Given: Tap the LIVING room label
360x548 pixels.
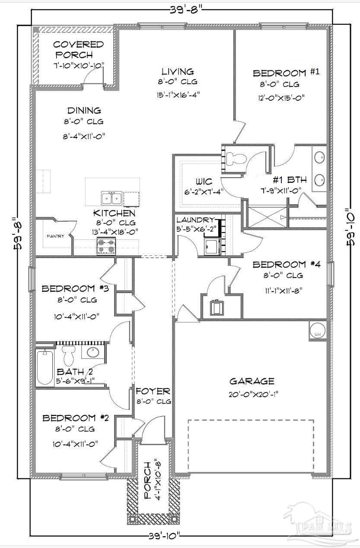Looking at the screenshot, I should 178,71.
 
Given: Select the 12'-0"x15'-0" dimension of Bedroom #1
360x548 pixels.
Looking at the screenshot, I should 286,97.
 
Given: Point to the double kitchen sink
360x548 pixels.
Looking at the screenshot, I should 112,198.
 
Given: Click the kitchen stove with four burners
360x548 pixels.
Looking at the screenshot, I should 105,247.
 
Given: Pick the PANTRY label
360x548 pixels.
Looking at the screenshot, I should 56,236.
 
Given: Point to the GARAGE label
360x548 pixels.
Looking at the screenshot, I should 252,381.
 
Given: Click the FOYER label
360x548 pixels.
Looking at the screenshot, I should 153,391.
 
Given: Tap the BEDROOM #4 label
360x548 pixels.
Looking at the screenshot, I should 286,264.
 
